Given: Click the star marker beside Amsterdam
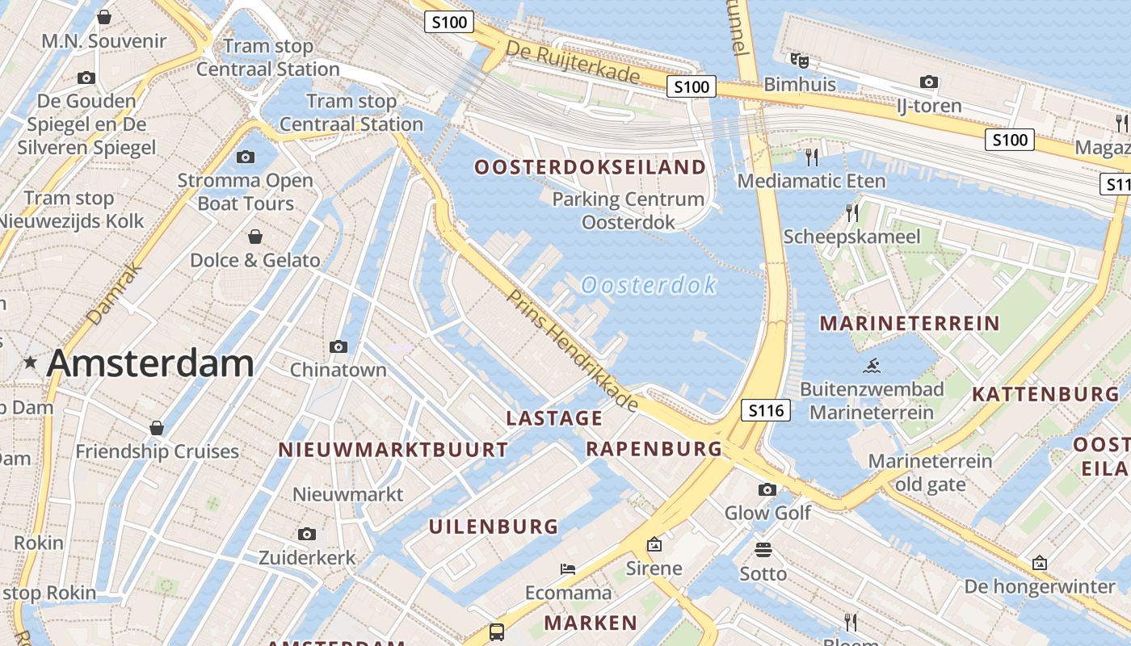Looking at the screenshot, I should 31,363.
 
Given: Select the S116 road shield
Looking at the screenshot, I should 766,410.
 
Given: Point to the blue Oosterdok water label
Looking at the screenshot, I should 649,285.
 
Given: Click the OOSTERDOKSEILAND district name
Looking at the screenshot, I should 590,167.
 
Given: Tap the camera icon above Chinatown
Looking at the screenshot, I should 338,346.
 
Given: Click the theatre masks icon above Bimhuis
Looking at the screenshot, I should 799,60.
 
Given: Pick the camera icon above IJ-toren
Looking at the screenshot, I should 929,82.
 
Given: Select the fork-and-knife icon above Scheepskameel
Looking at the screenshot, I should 851,212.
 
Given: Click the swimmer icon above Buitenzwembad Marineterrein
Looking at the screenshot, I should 871,366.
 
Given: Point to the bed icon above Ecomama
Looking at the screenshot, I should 568,569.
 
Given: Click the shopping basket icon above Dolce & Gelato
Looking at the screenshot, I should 255,237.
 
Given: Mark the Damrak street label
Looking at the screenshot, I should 114,295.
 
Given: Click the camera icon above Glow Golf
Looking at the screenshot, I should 767,489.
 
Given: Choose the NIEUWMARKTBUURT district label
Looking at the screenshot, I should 393,450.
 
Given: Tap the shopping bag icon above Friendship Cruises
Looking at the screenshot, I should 157,427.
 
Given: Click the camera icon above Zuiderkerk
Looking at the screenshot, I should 306,534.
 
